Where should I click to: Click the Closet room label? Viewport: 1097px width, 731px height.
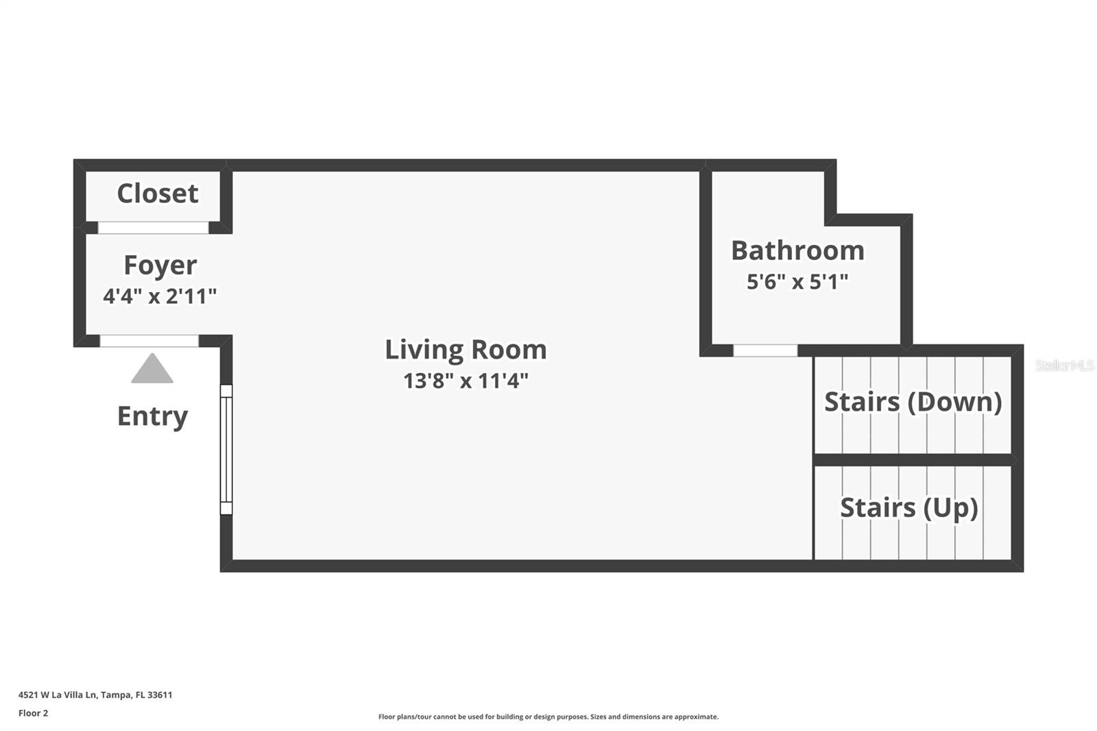coord(158,193)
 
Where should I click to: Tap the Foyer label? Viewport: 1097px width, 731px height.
coord(160,265)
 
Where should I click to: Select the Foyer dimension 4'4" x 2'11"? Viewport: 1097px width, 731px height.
coord(160,296)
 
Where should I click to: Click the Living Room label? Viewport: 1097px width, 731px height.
coord(466,350)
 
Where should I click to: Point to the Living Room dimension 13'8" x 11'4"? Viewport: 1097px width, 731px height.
coord(466,381)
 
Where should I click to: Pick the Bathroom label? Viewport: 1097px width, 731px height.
coord(797,250)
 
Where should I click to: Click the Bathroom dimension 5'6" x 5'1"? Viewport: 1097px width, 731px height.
coord(797,282)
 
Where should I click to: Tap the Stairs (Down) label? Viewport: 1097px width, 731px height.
coord(913,402)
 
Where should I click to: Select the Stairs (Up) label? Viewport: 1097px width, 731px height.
coord(908,507)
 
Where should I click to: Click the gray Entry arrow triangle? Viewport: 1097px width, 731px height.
coord(152,371)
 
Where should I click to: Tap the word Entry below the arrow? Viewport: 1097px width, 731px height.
coord(152,416)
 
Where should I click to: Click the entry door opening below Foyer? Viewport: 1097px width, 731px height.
coord(149,341)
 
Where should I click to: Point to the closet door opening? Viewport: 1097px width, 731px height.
coord(153,228)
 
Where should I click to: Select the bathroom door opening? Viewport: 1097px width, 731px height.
coord(765,350)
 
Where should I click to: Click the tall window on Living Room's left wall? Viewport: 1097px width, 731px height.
coord(226,449)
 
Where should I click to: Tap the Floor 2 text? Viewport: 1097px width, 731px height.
coord(33,713)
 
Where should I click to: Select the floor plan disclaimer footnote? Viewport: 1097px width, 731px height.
coord(548,717)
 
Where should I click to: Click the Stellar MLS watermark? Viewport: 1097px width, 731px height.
coord(1064,365)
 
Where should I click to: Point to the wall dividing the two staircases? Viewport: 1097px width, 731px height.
coord(913,459)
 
